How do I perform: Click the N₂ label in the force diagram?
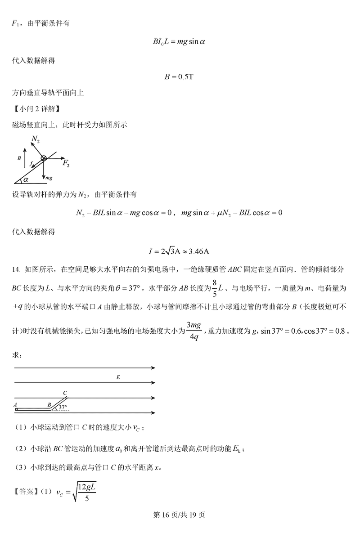coord(36,141)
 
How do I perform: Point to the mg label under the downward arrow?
coord(49,178)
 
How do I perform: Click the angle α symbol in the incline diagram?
coord(26,179)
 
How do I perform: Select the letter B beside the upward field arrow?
coord(19,159)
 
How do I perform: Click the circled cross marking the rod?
coord(44,158)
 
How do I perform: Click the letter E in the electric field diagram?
coord(117,378)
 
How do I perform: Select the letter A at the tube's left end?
coord(16,404)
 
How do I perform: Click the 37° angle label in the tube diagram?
coord(63,408)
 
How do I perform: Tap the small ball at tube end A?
coord(16,409)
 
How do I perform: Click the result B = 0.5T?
coord(179,76)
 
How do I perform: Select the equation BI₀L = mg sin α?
coord(179,41)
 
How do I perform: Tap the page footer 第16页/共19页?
coord(180,515)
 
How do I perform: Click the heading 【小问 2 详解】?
coord(36,108)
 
